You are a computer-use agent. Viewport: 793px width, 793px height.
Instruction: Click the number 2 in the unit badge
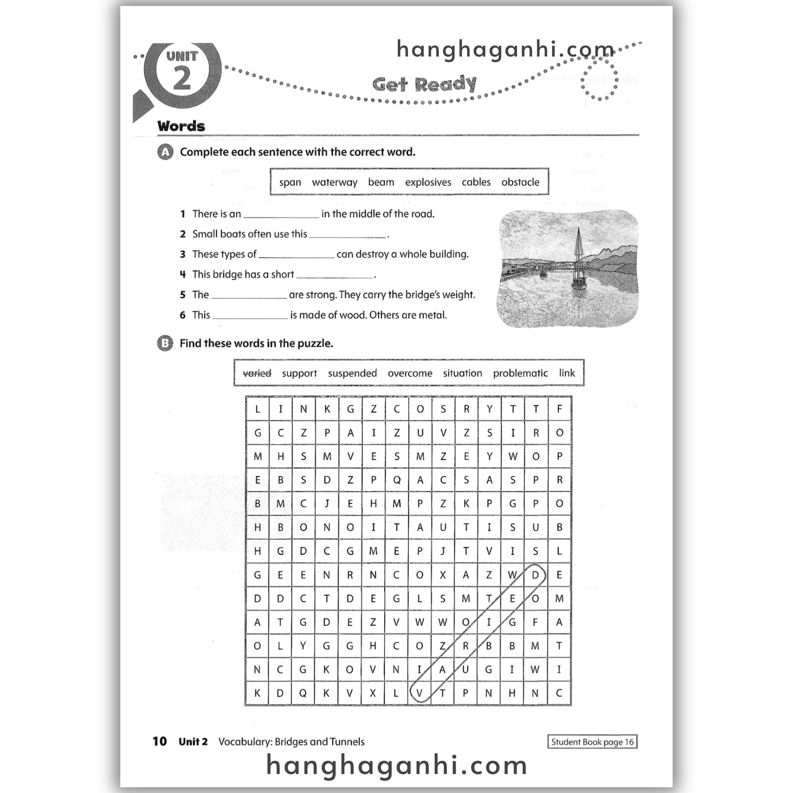(182, 78)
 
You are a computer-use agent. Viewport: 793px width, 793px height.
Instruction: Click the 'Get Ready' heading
(424, 84)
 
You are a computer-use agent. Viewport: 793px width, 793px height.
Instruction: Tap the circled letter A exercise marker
(165, 152)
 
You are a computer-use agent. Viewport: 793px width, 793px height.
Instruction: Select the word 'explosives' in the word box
(428, 182)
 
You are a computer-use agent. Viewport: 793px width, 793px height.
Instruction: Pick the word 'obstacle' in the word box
(520, 182)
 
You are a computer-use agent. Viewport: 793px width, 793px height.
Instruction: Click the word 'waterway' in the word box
(335, 182)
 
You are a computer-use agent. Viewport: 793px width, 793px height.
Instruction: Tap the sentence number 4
(183, 275)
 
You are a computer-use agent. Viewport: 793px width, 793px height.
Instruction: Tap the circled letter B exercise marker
(165, 343)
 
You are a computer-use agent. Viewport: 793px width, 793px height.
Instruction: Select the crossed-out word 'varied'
(257, 374)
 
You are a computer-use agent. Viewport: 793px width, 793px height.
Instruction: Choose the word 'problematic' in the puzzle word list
(520, 374)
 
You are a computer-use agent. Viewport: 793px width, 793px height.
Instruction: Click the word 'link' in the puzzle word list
(566, 373)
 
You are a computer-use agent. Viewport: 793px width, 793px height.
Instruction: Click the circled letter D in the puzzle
(535, 575)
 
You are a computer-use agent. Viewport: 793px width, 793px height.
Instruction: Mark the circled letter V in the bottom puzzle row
(419, 693)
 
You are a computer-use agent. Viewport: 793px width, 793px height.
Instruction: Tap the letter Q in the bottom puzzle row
(303, 693)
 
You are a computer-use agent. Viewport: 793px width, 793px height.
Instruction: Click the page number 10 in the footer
(160, 741)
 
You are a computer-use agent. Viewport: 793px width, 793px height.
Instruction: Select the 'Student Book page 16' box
(592, 742)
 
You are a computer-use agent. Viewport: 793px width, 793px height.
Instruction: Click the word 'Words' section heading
(181, 126)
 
